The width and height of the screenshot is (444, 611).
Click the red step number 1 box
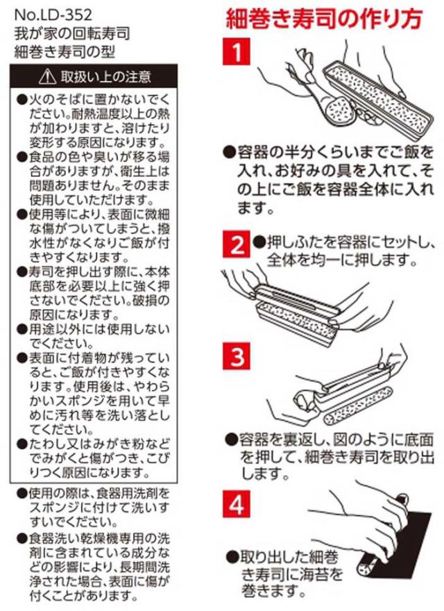click(237, 51)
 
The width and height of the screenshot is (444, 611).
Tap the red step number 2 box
click(237, 244)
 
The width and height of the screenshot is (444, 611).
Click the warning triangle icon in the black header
click(47, 77)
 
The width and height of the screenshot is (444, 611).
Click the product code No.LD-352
click(53, 15)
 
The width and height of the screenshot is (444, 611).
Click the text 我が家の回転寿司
click(72, 33)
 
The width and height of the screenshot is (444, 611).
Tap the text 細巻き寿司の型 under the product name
click(65, 51)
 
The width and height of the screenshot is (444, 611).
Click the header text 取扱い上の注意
click(105, 77)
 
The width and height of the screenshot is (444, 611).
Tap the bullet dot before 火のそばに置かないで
click(22, 100)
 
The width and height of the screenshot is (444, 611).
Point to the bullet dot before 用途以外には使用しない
click(22, 330)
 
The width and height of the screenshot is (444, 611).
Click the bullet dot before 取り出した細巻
click(232, 556)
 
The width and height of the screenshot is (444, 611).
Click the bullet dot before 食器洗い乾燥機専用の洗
click(22, 539)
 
